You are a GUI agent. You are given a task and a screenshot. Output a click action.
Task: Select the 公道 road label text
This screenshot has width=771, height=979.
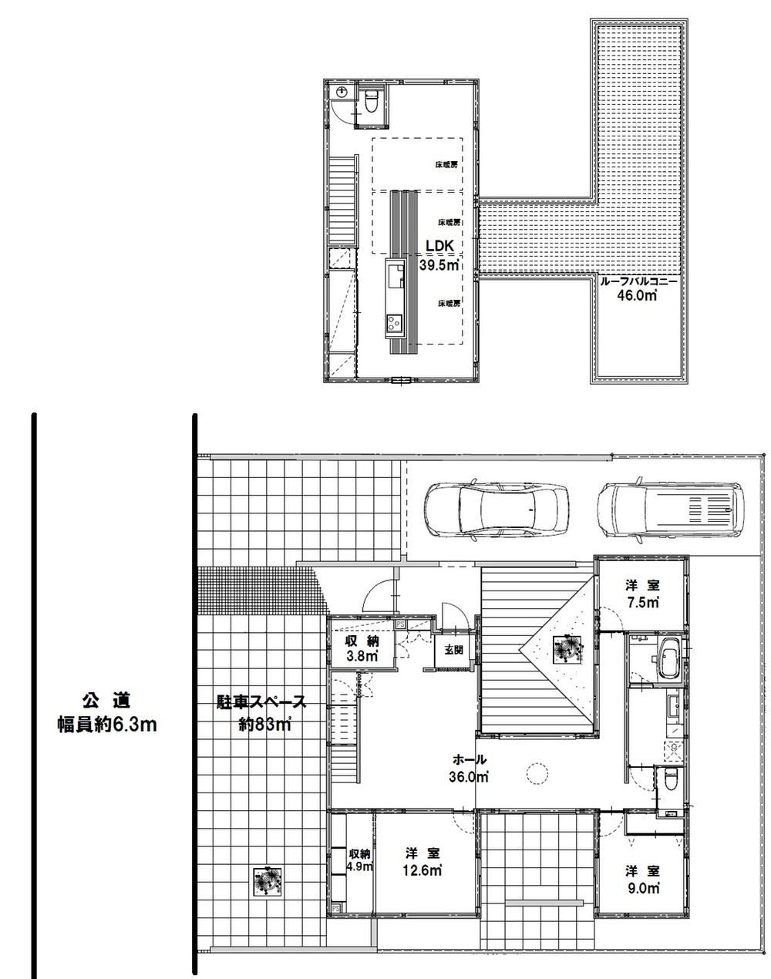pos(106,701)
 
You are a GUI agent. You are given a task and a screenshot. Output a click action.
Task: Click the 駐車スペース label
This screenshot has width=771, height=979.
pos(261,702)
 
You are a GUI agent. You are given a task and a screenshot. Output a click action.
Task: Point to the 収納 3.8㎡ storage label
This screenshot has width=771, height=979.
pos(361,648)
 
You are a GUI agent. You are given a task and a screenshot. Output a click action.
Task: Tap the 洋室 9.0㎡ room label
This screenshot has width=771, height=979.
pos(642,879)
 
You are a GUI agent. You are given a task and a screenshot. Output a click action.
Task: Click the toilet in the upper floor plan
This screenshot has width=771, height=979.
pos(371,100)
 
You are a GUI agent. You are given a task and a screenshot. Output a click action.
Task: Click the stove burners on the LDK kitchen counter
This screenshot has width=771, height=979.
pos(394,325)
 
